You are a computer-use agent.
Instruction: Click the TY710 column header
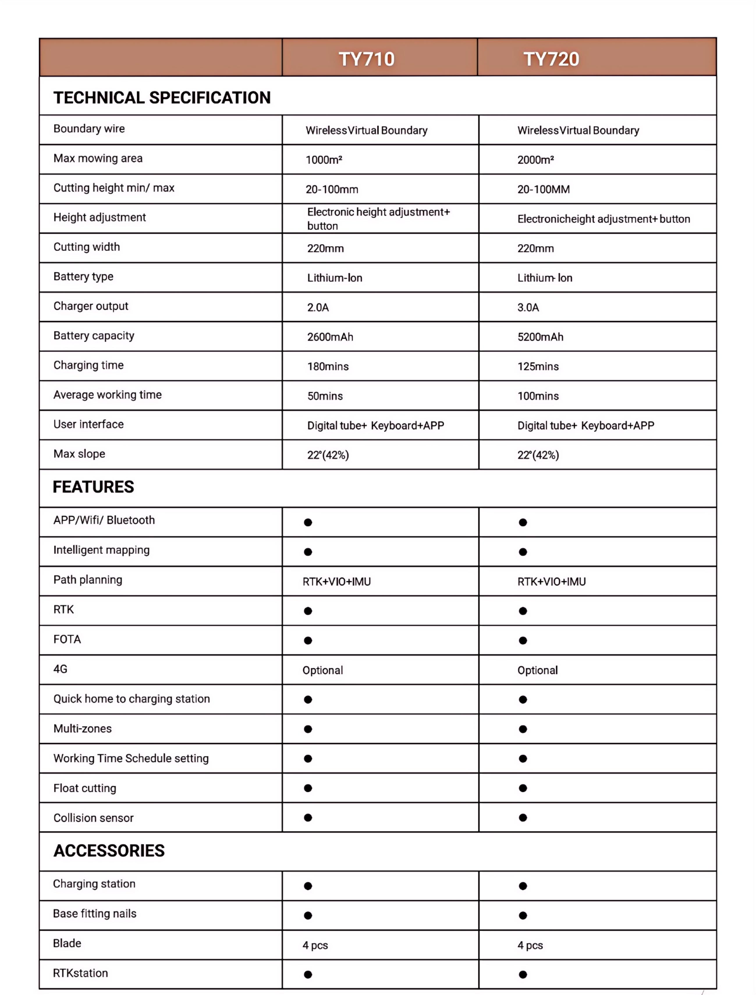click(366, 59)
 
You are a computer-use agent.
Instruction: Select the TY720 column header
click(551, 59)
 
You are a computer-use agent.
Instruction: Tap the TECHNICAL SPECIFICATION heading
click(162, 98)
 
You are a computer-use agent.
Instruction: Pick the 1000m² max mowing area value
click(324, 160)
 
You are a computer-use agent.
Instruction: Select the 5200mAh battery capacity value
click(540, 337)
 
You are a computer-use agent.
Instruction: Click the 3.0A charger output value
click(528, 307)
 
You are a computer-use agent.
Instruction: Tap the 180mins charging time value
click(328, 366)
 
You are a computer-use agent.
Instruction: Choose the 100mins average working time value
click(538, 396)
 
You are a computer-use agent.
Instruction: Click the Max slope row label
click(79, 454)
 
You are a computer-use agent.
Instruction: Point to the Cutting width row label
click(86, 247)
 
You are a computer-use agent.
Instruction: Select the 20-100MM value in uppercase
click(543, 189)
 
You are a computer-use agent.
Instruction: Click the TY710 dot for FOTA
click(308, 640)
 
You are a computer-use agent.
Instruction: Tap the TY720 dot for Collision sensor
click(522, 818)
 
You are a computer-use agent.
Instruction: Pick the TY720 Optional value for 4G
click(537, 670)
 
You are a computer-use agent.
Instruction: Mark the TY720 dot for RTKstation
click(522, 974)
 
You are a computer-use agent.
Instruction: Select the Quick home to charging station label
click(132, 699)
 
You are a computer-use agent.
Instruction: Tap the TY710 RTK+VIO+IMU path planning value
click(337, 581)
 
